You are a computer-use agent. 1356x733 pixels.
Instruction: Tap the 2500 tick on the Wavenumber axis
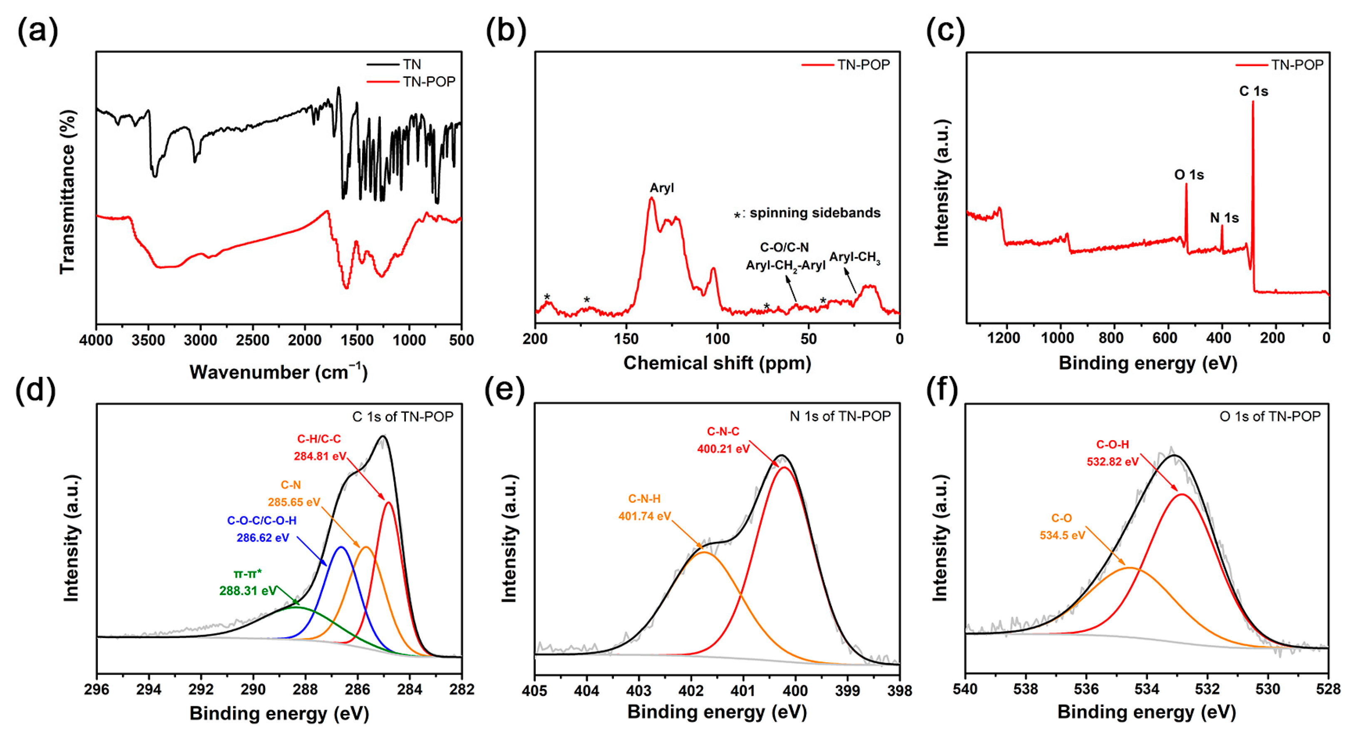pyautogui.click(x=253, y=340)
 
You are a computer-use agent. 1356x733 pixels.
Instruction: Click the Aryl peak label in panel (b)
pyautogui.click(x=661, y=188)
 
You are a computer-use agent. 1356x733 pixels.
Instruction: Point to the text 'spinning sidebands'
pyautogui.click(x=815, y=213)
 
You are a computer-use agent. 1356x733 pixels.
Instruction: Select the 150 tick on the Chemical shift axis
pyautogui.click(x=626, y=339)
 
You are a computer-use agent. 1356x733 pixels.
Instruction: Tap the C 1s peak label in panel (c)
pyautogui.click(x=1253, y=91)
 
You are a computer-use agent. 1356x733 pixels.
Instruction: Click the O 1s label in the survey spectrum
pyautogui.click(x=1189, y=175)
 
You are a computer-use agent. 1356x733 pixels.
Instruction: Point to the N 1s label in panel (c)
pyautogui.click(x=1224, y=217)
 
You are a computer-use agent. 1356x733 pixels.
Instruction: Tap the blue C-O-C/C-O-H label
pyautogui.click(x=262, y=520)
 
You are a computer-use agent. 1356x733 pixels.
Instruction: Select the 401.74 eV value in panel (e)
pyautogui.click(x=644, y=516)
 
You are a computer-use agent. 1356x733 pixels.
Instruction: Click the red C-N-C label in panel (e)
pyautogui.click(x=723, y=431)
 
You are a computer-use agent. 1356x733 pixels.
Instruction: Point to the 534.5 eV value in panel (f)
pyautogui.click(x=1062, y=536)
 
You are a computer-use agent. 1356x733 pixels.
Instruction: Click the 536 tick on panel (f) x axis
pyautogui.click(x=1086, y=689)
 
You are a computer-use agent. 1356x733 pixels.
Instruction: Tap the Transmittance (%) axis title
pyautogui.click(x=67, y=192)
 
